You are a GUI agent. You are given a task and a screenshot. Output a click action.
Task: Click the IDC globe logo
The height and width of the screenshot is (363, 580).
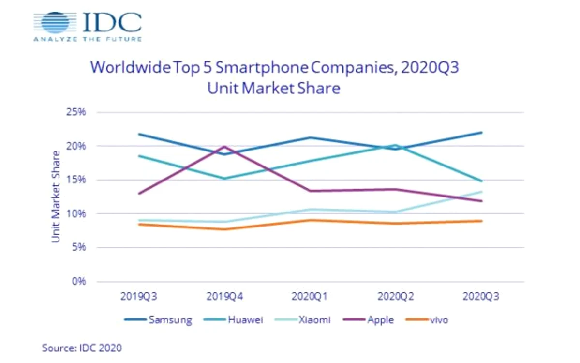click(x=55, y=22)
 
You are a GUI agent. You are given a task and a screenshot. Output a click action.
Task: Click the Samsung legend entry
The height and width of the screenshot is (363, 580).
click(x=158, y=320)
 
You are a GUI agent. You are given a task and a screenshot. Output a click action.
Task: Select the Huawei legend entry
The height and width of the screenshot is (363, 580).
click(x=234, y=320)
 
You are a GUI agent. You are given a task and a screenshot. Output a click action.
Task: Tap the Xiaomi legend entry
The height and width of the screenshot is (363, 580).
click(x=303, y=320)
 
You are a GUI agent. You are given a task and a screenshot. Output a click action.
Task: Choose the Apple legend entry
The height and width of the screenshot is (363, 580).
click(x=369, y=320)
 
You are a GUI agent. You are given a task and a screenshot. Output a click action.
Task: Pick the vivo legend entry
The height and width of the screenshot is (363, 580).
click(x=427, y=320)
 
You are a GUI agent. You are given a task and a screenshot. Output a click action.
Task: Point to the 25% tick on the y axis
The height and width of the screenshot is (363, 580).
click(x=76, y=112)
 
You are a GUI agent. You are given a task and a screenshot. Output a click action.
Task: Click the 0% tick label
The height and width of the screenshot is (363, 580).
click(x=79, y=282)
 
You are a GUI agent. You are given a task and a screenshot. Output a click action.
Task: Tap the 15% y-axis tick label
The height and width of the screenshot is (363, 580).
click(x=76, y=180)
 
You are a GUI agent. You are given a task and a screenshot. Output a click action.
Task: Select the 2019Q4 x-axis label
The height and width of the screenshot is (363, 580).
click(x=224, y=296)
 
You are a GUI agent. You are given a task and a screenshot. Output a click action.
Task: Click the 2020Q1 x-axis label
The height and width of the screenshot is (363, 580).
click(x=310, y=296)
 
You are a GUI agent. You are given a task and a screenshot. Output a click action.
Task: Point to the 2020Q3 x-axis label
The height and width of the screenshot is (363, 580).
click(x=481, y=296)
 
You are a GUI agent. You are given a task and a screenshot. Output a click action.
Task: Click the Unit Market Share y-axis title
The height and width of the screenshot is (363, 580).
click(x=56, y=197)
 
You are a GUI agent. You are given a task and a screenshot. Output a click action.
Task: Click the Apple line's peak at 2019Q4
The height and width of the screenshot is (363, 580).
click(x=224, y=147)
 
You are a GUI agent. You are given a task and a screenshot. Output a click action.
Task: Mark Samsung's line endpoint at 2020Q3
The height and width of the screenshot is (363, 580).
click(x=481, y=133)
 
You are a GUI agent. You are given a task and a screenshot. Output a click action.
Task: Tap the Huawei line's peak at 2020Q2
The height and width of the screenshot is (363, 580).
click(x=395, y=145)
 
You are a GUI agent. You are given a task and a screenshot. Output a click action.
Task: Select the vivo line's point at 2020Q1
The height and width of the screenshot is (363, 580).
click(x=310, y=220)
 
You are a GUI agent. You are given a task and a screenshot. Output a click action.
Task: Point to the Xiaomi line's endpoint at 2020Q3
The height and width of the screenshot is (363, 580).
click(x=481, y=192)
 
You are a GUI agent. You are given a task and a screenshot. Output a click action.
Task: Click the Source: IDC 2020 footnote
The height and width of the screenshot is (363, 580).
click(x=82, y=348)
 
